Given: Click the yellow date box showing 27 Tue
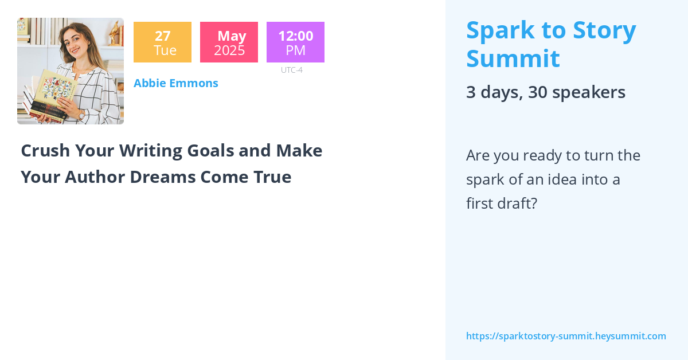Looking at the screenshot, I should [162, 42].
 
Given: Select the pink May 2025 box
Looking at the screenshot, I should [229, 42].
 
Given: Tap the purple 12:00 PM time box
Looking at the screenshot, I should [295, 42].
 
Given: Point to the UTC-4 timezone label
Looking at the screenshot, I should [292, 70].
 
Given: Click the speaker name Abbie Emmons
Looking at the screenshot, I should [176, 83].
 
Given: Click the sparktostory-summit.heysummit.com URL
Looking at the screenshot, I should [566, 336].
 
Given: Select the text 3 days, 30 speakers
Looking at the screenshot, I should [545, 92].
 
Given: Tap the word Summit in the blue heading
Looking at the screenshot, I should [513, 59].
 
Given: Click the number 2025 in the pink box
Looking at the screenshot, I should [229, 50].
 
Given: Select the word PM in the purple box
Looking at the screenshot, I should [295, 50].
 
